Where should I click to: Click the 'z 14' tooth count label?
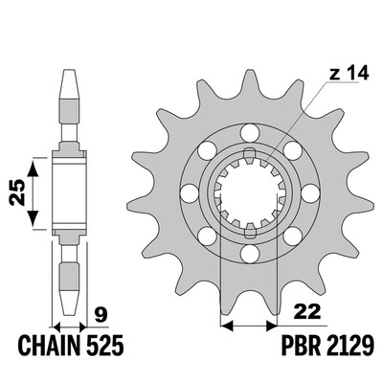(x=349, y=74)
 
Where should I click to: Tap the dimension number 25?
(x=17, y=192)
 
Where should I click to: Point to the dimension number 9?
(x=101, y=314)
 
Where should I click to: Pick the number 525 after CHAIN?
(x=103, y=346)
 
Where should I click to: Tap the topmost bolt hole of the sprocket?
(x=250, y=133)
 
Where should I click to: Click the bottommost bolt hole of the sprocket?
(x=250, y=255)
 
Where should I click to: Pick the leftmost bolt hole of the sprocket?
(x=189, y=193)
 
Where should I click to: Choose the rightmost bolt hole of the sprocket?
(x=310, y=193)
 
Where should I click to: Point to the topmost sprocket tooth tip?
(x=250, y=71)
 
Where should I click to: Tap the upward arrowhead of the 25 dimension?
(x=33, y=169)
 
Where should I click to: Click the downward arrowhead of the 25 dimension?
(x=33, y=218)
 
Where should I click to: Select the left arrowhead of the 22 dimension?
(x=227, y=326)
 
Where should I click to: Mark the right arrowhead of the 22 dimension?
(x=272, y=326)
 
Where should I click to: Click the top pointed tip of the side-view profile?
(x=70, y=70)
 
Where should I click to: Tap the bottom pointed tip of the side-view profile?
(x=70, y=315)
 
